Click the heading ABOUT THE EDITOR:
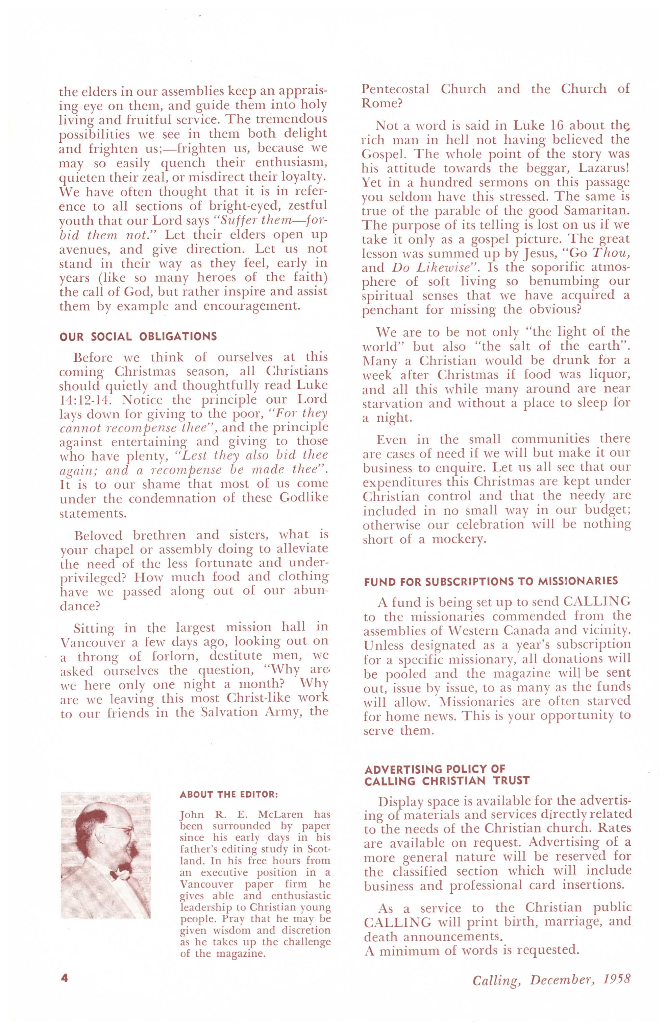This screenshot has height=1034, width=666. (229, 794)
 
